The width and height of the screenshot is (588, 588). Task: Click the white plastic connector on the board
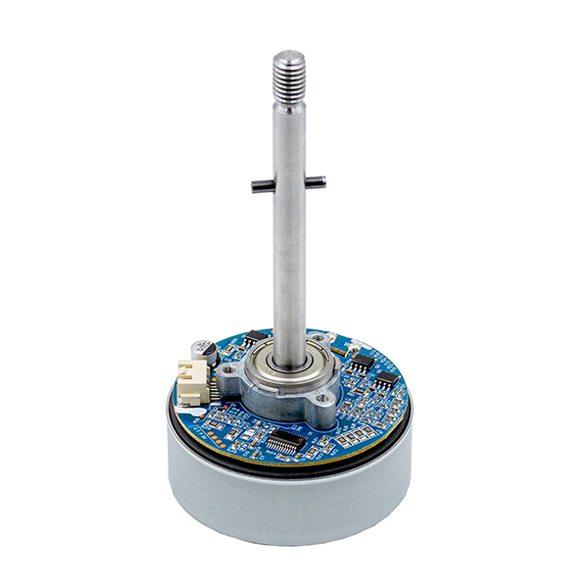pos(191,378)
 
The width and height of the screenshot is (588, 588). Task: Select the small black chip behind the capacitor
pos(257,335)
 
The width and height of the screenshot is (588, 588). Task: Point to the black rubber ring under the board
pos(294,468)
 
